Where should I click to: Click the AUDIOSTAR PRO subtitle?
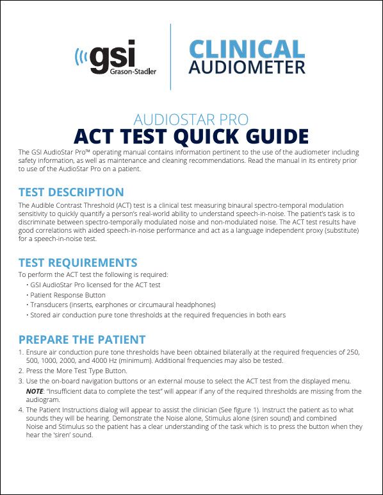[191, 119]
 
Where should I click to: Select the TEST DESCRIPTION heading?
[71, 192]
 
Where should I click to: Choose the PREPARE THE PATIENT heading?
[82, 339]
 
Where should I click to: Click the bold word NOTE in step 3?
[36, 391]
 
